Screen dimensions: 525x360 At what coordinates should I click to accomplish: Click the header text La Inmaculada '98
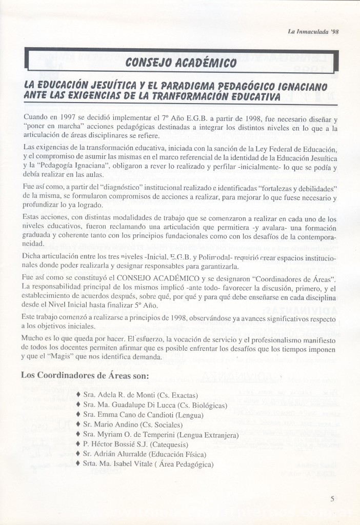point(314,31)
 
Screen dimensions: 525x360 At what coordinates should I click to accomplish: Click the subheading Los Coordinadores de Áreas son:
point(85,375)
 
